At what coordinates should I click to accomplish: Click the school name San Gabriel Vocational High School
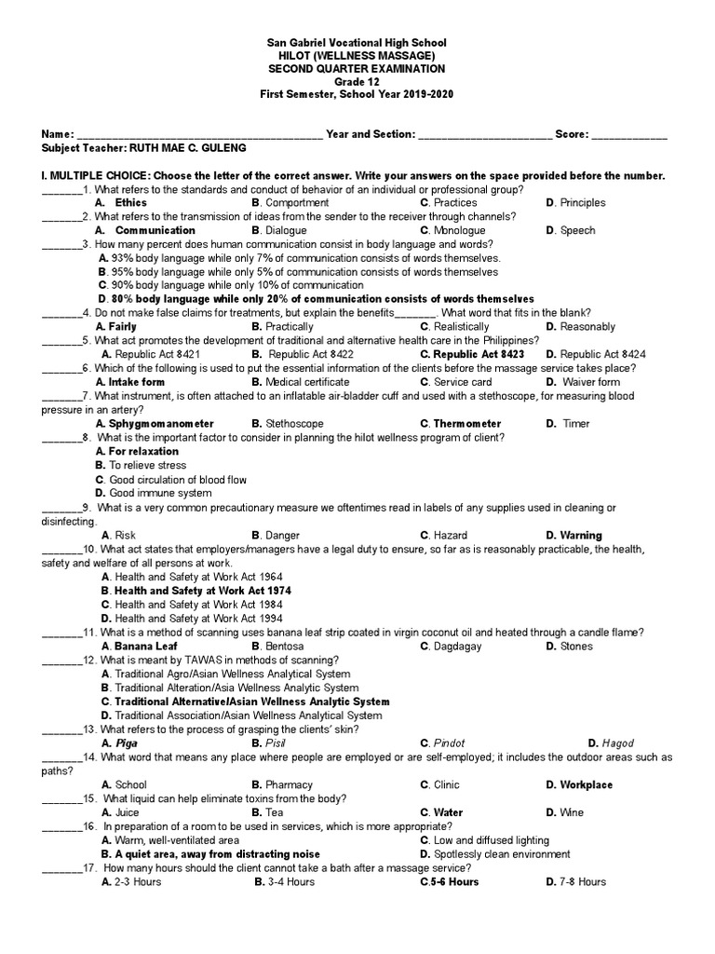pyautogui.click(x=357, y=43)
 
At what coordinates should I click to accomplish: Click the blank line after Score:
pyautogui.click(x=629, y=135)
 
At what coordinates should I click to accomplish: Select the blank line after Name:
pyautogui.click(x=199, y=135)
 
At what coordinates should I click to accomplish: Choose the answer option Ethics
pyautogui.click(x=130, y=202)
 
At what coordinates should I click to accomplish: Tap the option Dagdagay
pyautogui.click(x=456, y=646)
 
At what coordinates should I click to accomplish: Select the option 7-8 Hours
pyautogui.click(x=583, y=881)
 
